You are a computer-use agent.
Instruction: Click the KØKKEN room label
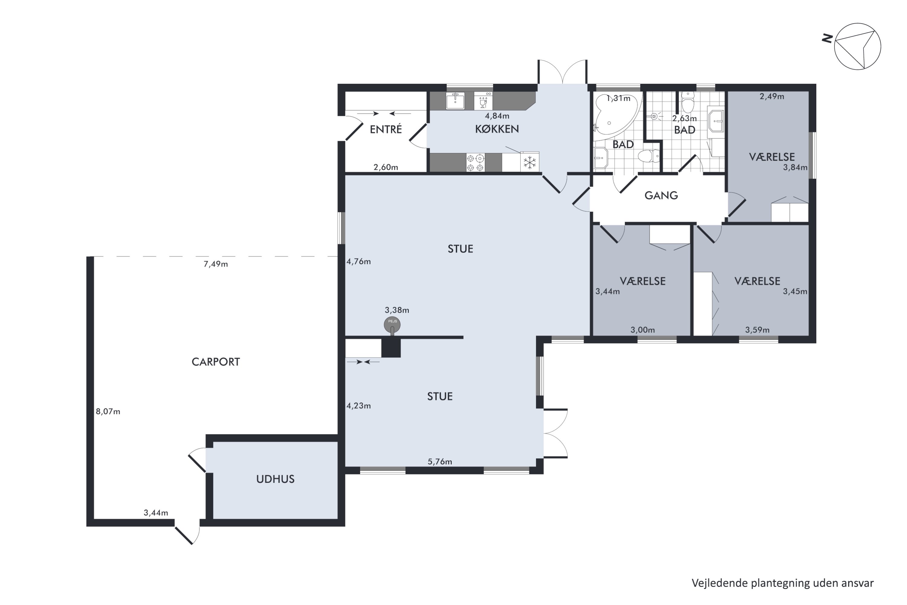coord(497,129)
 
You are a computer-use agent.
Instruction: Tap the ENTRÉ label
coord(386,129)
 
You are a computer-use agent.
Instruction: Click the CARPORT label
coord(216,362)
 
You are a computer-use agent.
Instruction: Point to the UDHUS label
coord(275,479)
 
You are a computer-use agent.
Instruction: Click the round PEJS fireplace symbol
coord(392,325)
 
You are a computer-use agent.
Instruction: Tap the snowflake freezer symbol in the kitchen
coord(530,162)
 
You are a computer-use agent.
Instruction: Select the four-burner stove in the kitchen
coord(475,162)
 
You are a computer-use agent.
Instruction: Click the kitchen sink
coord(455,101)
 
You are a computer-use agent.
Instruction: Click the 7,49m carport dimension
coord(216,264)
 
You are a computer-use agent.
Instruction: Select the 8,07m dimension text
coord(108,412)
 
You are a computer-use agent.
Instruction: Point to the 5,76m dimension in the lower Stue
coord(440,462)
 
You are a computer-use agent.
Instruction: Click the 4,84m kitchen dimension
coord(497,116)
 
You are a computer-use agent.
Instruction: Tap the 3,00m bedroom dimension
coord(642,330)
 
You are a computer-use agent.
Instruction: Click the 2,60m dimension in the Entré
coord(386,168)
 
